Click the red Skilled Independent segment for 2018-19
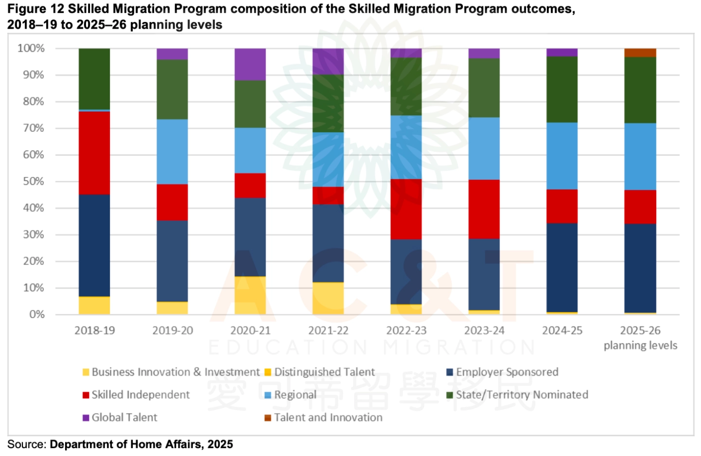[94, 153]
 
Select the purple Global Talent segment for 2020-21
[250, 64]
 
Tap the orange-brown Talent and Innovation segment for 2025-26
[640, 53]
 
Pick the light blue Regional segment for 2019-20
[172, 152]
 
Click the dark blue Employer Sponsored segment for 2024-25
[562, 267]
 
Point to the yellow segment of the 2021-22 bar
[328, 298]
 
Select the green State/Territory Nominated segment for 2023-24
[484, 88]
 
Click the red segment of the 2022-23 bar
[406, 209]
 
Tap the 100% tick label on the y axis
[31, 48]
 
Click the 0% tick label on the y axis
[36, 315]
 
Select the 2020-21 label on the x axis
[250, 331]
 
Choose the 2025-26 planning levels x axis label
[640, 338]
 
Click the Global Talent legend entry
[124, 418]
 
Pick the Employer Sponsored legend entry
[507, 372]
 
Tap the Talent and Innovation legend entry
[328, 418]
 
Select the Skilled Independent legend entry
[140, 395]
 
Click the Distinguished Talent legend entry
[324, 372]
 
